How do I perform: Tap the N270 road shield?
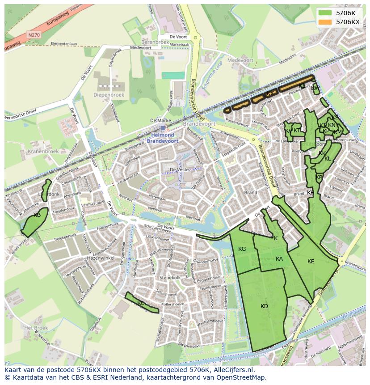tap(33, 34)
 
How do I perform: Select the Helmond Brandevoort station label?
tap(163, 138)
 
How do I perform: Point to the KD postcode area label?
tap(264, 306)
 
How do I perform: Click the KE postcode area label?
tap(311, 262)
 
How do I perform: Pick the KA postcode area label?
tap(279, 259)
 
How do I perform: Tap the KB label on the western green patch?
tap(37, 215)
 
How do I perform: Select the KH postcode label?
tap(311, 193)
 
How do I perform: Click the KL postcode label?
tap(328, 159)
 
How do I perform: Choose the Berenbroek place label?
tap(156, 42)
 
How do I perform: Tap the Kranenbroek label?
tap(43, 152)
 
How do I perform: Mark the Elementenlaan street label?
tap(64, 44)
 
